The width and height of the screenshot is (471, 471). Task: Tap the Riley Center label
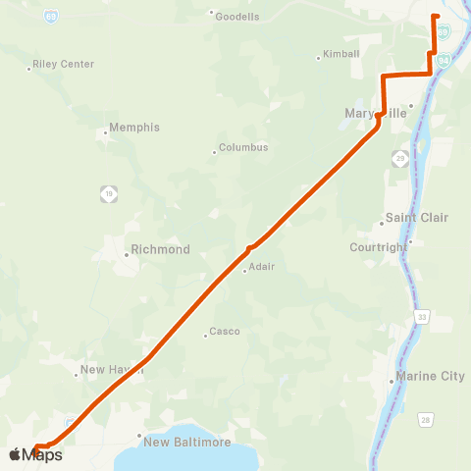coord(63,64)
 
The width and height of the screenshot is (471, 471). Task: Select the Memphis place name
coord(134,128)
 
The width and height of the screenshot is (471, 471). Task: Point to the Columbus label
coord(243,148)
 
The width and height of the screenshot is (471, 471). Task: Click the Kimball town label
coord(341,54)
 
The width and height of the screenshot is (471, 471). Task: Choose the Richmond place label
coord(160,250)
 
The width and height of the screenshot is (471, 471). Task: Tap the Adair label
coord(262,267)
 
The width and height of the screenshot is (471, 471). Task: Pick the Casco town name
coord(225,333)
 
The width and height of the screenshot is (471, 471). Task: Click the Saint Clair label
coord(416,217)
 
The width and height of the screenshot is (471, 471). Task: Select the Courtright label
coord(378,247)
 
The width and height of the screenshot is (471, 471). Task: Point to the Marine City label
coord(431,376)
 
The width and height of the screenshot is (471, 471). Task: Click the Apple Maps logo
coord(35,454)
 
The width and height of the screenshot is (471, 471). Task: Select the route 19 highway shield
coord(108,193)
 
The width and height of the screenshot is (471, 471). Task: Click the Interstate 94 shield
coord(445,61)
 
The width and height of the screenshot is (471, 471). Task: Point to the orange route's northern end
coord(436,17)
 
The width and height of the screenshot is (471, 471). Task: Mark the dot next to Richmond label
coord(127,255)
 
